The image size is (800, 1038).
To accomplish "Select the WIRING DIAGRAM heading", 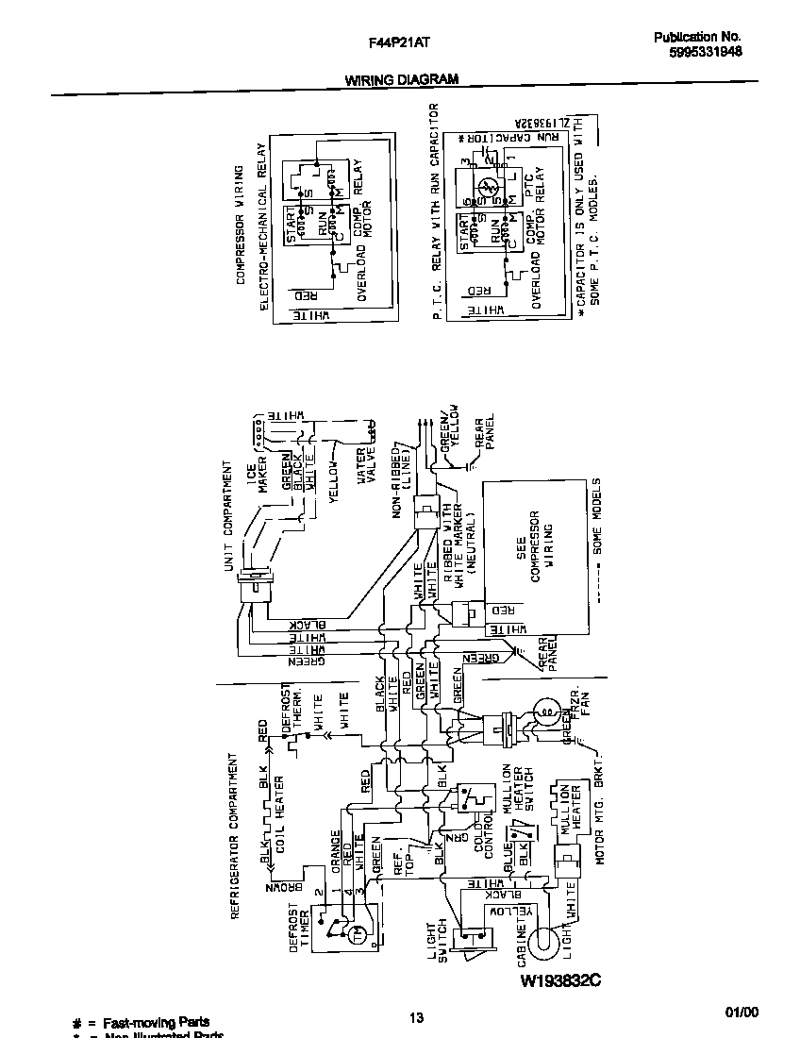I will [x=401, y=80].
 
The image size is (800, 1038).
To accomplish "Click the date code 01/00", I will [x=742, y=1013].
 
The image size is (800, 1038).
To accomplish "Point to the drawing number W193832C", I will [x=560, y=981].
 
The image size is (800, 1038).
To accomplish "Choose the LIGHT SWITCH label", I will [x=438, y=944].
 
